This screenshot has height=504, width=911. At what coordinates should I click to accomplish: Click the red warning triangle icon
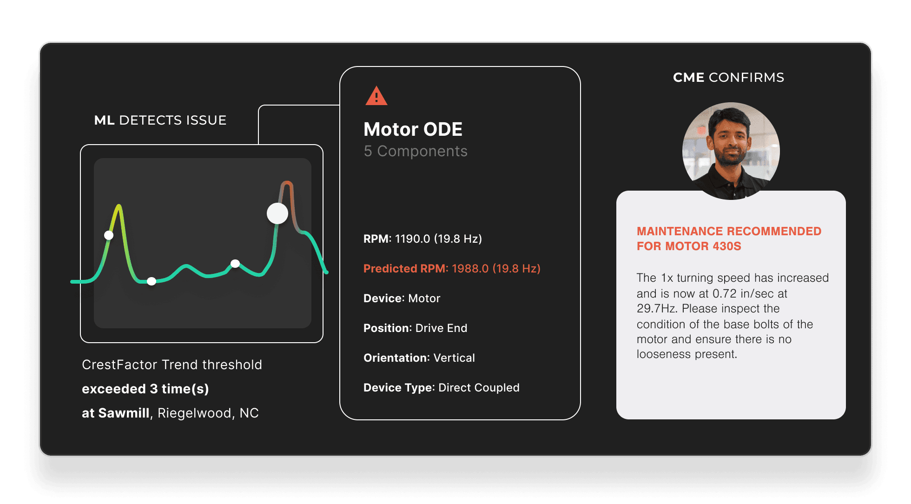coord(376,96)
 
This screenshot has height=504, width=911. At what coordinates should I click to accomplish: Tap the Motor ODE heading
coord(413,129)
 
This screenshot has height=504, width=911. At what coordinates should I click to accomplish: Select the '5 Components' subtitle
coord(416,151)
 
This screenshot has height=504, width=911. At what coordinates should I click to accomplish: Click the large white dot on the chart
coord(277,213)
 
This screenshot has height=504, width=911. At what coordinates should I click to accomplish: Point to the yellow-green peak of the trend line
coord(119,206)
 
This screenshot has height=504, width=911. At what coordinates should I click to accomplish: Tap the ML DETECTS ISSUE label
coord(160,120)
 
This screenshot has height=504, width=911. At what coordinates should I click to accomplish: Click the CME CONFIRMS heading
coord(728,77)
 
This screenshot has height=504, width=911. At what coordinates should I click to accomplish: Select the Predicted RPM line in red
coord(452,268)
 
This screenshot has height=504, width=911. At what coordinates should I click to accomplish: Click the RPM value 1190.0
coord(413,239)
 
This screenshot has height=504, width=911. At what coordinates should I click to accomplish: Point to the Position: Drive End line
coord(415,328)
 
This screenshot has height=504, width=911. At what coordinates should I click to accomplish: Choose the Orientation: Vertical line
coord(419,358)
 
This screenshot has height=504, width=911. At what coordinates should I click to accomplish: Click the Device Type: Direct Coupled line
coord(441,387)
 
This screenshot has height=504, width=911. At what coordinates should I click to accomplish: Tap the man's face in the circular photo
coord(730,140)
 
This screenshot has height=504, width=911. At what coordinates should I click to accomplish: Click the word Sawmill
coord(124,413)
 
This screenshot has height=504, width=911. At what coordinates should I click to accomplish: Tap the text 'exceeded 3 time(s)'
coord(145,389)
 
